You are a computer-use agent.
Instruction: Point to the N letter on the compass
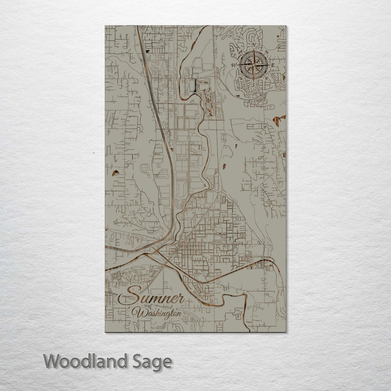click(254, 45)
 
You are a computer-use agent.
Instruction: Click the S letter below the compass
click(253, 85)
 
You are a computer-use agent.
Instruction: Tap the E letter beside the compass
click(273, 65)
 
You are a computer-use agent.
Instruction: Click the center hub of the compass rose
click(253, 65)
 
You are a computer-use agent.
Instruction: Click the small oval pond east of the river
click(224, 166)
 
